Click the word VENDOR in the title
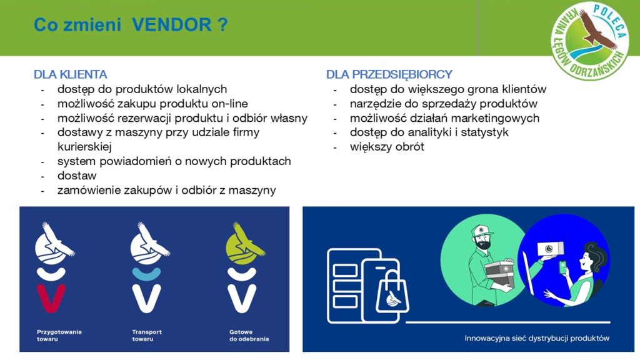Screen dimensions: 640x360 (171, 25)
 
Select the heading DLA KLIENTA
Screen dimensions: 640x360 (70, 75)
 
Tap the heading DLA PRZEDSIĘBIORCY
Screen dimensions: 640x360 (389, 75)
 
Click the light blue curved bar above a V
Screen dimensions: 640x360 (146, 274)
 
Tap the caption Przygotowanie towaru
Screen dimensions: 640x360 (59, 336)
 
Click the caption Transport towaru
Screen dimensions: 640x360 (147, 336)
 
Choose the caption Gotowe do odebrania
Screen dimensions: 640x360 (249, 336)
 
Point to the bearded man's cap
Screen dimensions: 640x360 (481, 231)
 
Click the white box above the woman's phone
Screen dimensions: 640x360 (550, 249)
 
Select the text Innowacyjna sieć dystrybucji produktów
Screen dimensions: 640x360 (537, 338)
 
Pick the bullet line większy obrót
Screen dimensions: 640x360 (387, 147)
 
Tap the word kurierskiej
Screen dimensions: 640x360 (84, 147)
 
